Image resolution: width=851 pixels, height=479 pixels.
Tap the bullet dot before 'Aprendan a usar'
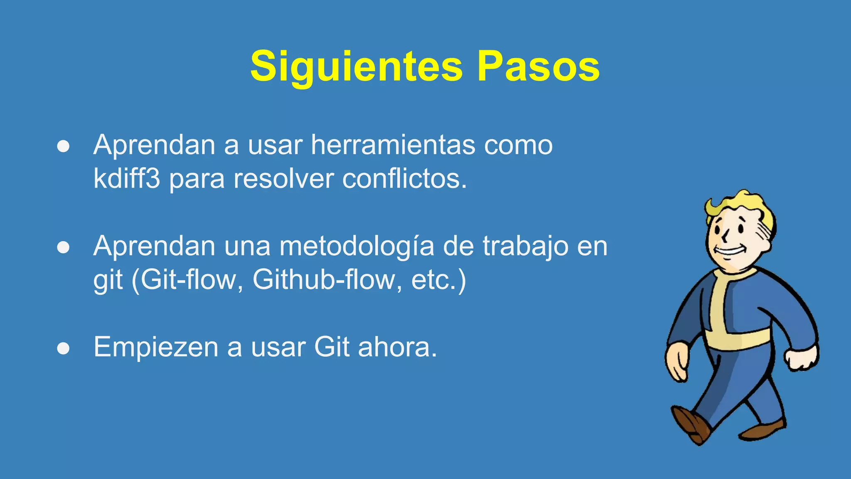click(63, 146)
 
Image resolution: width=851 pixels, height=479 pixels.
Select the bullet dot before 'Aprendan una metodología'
click(63, 247)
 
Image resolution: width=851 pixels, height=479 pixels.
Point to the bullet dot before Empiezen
click(63, 348)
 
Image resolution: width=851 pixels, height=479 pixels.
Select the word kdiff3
click(126, 179)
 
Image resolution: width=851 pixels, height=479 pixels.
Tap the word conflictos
click(404, 179)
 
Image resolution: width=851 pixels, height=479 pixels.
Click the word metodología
click(357, 246)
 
